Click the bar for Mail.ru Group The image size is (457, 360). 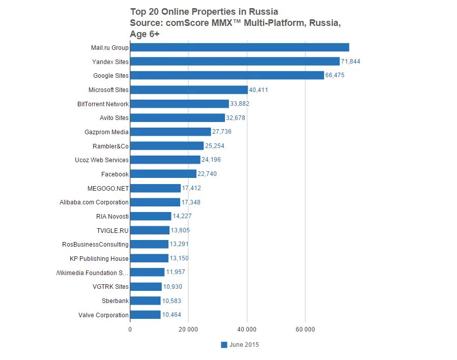[239, 47]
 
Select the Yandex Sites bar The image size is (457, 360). [235, 62]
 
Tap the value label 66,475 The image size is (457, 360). [336, 75]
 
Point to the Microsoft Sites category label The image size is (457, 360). [108, 90]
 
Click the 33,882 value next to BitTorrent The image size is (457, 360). [240, 104]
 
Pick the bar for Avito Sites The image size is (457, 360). [177, 118]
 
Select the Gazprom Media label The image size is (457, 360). [106, 132]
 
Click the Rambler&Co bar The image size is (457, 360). [167, 146]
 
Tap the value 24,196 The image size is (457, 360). [211, 160]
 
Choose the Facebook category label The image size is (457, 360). [115, 174]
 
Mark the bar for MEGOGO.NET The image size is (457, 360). [155, 188]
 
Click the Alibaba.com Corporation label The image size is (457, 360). [94, 202]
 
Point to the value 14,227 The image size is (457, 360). [182, 216]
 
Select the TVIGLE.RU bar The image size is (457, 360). [150, 230]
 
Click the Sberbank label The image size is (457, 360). [115, 301]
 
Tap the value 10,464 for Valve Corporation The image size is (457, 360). [172, 315]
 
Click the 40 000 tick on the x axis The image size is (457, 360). [247, 329]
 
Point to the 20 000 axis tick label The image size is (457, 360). [188, 329]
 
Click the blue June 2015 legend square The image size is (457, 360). [224, 345]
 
